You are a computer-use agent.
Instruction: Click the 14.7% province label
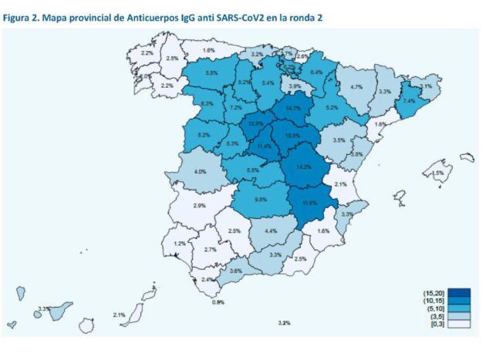click(293, 109)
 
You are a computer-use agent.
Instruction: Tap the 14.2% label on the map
click(303, 167)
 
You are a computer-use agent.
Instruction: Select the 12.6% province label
click(256, 123)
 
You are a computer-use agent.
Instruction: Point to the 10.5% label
click(292, 135)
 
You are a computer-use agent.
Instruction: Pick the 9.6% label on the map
click(260, 199)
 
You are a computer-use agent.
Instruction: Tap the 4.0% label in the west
click(201, 171)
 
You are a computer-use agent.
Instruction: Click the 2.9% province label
click(199, 206)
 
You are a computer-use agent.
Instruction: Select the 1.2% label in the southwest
click(180, 244)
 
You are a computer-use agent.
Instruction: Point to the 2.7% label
click(210, 250)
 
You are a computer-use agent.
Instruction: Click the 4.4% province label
click(271, 230)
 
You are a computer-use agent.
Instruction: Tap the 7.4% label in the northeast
click(409, 101)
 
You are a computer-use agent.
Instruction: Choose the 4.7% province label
click(356, 87)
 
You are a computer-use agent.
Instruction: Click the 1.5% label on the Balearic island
click(438, 173)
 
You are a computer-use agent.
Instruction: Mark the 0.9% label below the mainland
click(218, 302)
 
